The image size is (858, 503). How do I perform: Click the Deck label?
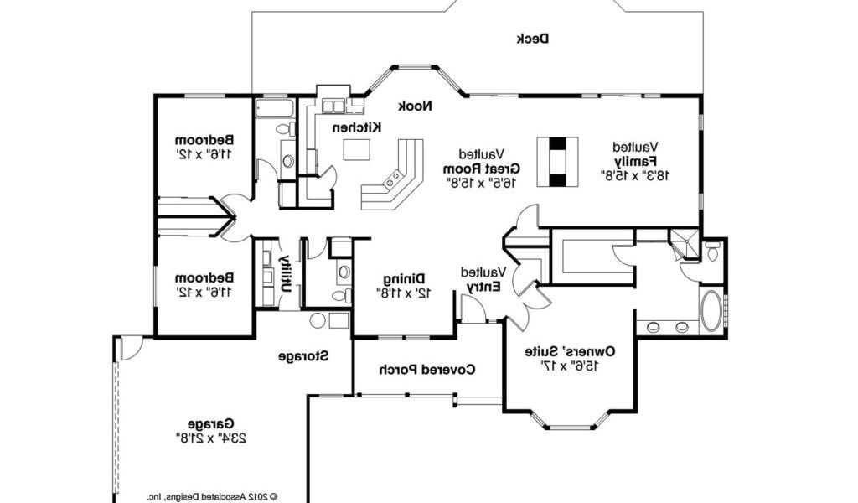point(533,39)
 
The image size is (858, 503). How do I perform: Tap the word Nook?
point(415,106)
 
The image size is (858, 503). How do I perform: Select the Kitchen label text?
point(357,127)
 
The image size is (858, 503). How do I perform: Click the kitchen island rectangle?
point(357,149)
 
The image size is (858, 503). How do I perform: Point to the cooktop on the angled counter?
point(394,179)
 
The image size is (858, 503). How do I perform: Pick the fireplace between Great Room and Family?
point(557,162)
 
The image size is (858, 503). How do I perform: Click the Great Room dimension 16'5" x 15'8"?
point(482,183)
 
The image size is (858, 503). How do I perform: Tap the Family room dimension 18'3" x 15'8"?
point(635,175)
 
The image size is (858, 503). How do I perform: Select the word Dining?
point(405,279)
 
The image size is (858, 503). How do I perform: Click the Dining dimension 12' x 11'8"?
point(405,293)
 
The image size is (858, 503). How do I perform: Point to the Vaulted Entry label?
point(484,279)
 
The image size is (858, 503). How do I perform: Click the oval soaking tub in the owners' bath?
point(711,311)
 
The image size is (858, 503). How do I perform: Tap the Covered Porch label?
point(428,370)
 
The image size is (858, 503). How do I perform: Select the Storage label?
point(303,356)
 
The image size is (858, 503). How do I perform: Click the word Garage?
point(211,423)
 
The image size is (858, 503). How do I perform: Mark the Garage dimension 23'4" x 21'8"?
point(211,438)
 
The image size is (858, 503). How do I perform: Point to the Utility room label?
point(285,272)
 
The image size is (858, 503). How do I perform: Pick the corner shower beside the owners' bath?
point(685,245)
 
